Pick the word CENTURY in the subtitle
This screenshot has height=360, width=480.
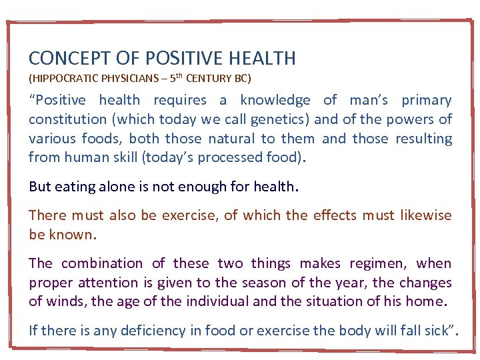click(x=209, y=79)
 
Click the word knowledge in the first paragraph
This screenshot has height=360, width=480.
click(x=275, y=101)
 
